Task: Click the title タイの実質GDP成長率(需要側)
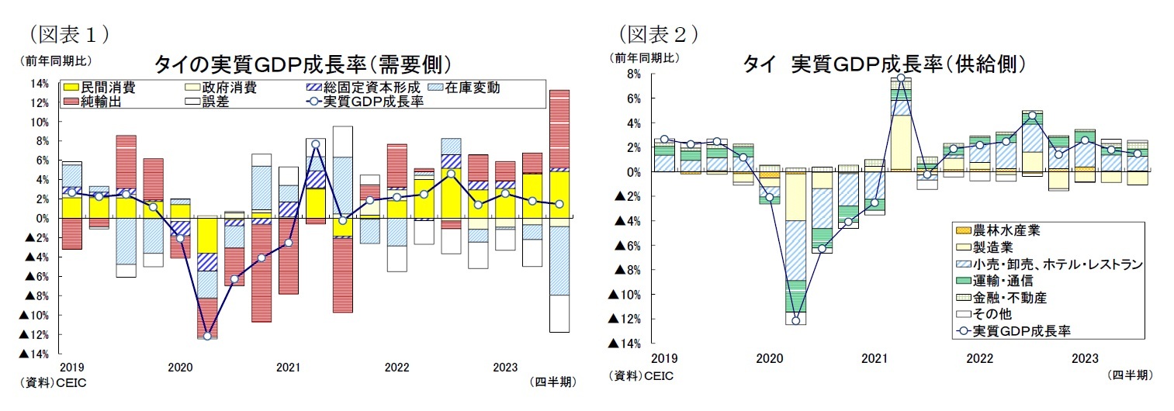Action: coord(303,63)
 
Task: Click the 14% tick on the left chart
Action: coord(40,83)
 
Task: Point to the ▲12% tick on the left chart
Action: coord(34,335)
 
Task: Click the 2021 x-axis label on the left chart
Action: coord(288,368)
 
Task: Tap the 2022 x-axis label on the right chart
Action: coord(979,359)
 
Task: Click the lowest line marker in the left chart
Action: coord(207,336)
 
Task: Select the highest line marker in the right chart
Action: coord(900,78)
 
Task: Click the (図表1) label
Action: coord(68,33)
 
